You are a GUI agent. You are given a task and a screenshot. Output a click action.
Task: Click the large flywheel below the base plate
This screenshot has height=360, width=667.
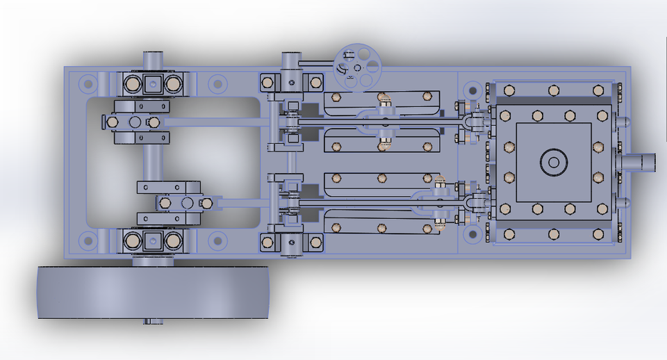[153, 293]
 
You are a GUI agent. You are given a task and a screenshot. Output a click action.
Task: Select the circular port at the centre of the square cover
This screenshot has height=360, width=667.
[554, 163]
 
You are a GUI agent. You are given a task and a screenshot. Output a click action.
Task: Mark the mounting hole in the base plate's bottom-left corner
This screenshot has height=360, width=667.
[88, 241]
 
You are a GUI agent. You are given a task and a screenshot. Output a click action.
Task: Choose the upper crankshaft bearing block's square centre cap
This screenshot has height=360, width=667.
[153, 84]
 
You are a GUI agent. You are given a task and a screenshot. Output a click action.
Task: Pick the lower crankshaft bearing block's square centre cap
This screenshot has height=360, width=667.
[153, 241]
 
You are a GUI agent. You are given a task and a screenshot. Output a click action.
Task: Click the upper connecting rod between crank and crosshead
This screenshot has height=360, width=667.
[215, 122]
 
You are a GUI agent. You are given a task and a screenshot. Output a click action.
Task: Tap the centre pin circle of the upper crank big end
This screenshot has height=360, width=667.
[135, 122]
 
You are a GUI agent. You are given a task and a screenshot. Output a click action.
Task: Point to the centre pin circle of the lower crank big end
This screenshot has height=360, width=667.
[186, 203]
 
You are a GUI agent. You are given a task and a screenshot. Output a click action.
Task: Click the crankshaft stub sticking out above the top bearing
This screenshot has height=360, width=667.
[153, 58]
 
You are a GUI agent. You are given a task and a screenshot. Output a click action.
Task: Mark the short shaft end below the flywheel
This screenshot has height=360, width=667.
[153, 322]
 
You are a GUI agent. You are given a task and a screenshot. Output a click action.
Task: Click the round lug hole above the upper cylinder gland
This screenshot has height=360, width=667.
[472, 90]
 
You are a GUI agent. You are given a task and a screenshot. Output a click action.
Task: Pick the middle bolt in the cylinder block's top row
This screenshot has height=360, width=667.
[554, 90]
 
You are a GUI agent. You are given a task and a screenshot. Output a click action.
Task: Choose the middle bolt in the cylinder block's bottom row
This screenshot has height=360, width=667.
[554, 234]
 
